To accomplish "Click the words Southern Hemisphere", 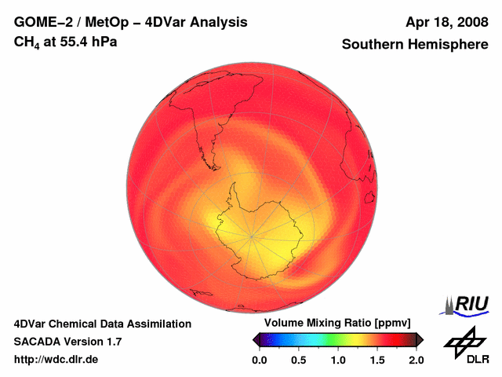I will point(414,45).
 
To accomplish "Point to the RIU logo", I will point(467,304).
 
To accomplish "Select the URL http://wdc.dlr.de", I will point(56,360).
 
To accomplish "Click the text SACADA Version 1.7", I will point(67,342).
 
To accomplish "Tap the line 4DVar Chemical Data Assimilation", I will point(102,324).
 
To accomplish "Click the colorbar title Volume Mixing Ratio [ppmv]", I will point(337,324).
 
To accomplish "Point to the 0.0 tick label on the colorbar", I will point(260,360).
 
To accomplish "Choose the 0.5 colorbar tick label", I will point(299,360).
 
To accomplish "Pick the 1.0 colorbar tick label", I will point(338,360).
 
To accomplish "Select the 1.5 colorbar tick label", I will point(377,360).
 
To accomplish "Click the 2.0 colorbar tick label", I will point(416,360).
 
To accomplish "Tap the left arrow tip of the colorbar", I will point(253,339).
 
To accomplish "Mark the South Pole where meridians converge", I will point(252,236).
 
